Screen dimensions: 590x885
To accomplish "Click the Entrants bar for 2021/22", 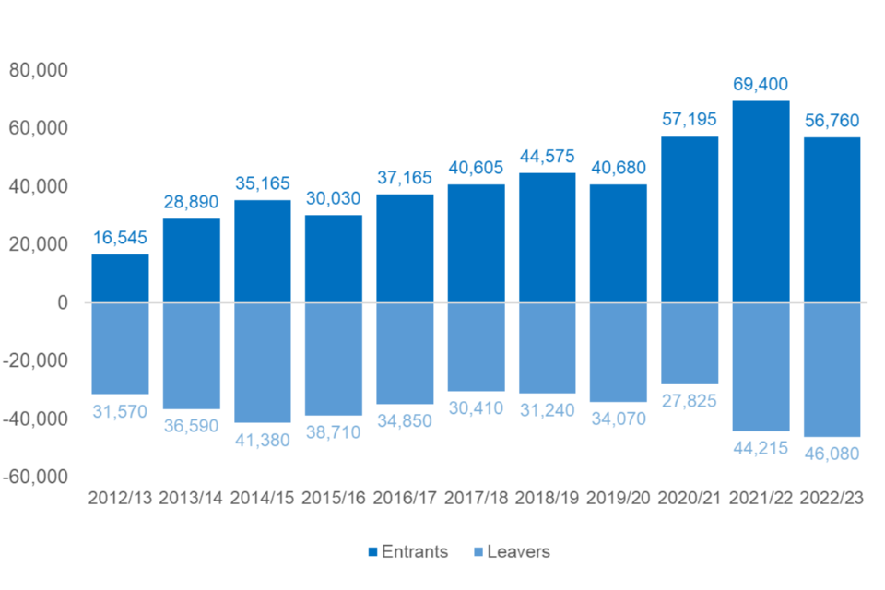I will tap(761, 202).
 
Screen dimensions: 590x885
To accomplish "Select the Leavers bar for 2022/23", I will tap(832, 369).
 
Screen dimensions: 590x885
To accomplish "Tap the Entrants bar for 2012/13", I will tap(120, 278).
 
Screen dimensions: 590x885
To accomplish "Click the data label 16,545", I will tap(120, 238).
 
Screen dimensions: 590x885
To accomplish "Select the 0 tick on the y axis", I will tap(62, 302).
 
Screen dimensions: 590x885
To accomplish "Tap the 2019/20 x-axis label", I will tap(619, 498).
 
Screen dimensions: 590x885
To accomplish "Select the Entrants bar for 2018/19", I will tap(548, 238).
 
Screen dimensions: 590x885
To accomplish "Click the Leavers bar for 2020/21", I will tap(690, 342).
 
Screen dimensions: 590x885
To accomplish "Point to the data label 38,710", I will tap(334, 431).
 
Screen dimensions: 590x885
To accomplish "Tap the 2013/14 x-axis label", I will tap(191, 498).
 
